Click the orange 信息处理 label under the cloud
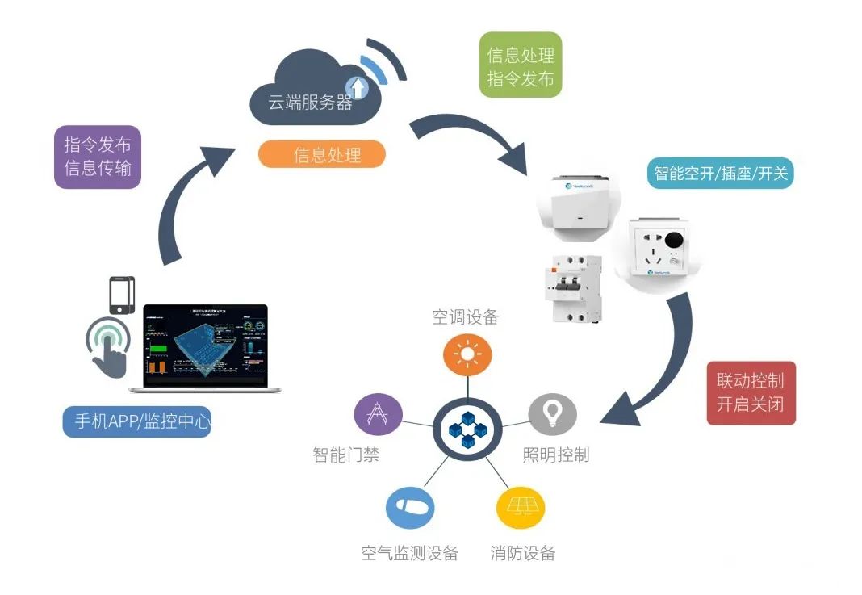point(321,154)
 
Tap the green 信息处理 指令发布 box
point(520,65)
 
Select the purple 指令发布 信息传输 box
point(97,157)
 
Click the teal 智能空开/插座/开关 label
point(720,173)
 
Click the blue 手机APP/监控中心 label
point(137,421)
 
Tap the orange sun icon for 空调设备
point(466,355)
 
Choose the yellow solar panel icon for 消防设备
point(519,507)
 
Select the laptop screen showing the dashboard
point(205,343)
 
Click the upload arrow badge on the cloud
point(356,86)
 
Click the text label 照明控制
point(555,455)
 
